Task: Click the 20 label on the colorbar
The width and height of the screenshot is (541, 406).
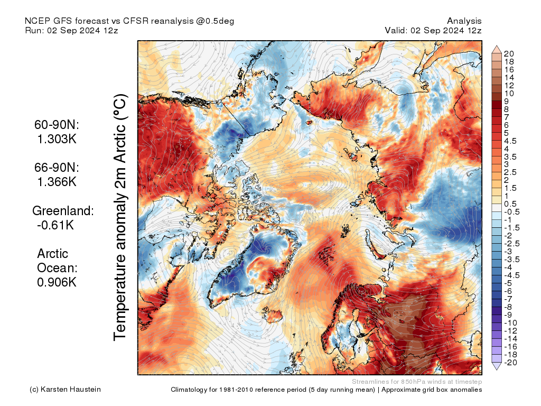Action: [509, 54]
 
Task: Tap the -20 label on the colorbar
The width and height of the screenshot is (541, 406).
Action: [510, 362]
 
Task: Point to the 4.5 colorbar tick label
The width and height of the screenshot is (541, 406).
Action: [511, 141]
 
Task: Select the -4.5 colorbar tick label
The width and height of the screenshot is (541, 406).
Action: [512, 275]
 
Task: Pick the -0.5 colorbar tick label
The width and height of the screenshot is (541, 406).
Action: [512, 211]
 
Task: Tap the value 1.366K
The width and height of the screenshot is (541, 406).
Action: [57, 181]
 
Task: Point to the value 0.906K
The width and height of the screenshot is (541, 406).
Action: [57, 282]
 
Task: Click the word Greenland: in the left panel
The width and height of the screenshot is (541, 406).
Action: [63, 210]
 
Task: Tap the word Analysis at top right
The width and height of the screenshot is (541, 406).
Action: [464, 21]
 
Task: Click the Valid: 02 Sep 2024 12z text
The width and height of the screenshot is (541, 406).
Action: [433, 31]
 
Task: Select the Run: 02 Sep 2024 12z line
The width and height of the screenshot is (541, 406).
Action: [71, 31]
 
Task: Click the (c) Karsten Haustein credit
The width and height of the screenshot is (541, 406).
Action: [65, 390]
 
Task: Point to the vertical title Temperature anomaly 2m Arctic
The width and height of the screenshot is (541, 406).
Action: [121, 217]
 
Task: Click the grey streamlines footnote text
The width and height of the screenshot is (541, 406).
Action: [416, 381]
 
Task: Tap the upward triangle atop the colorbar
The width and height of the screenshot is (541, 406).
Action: [497, 49]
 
